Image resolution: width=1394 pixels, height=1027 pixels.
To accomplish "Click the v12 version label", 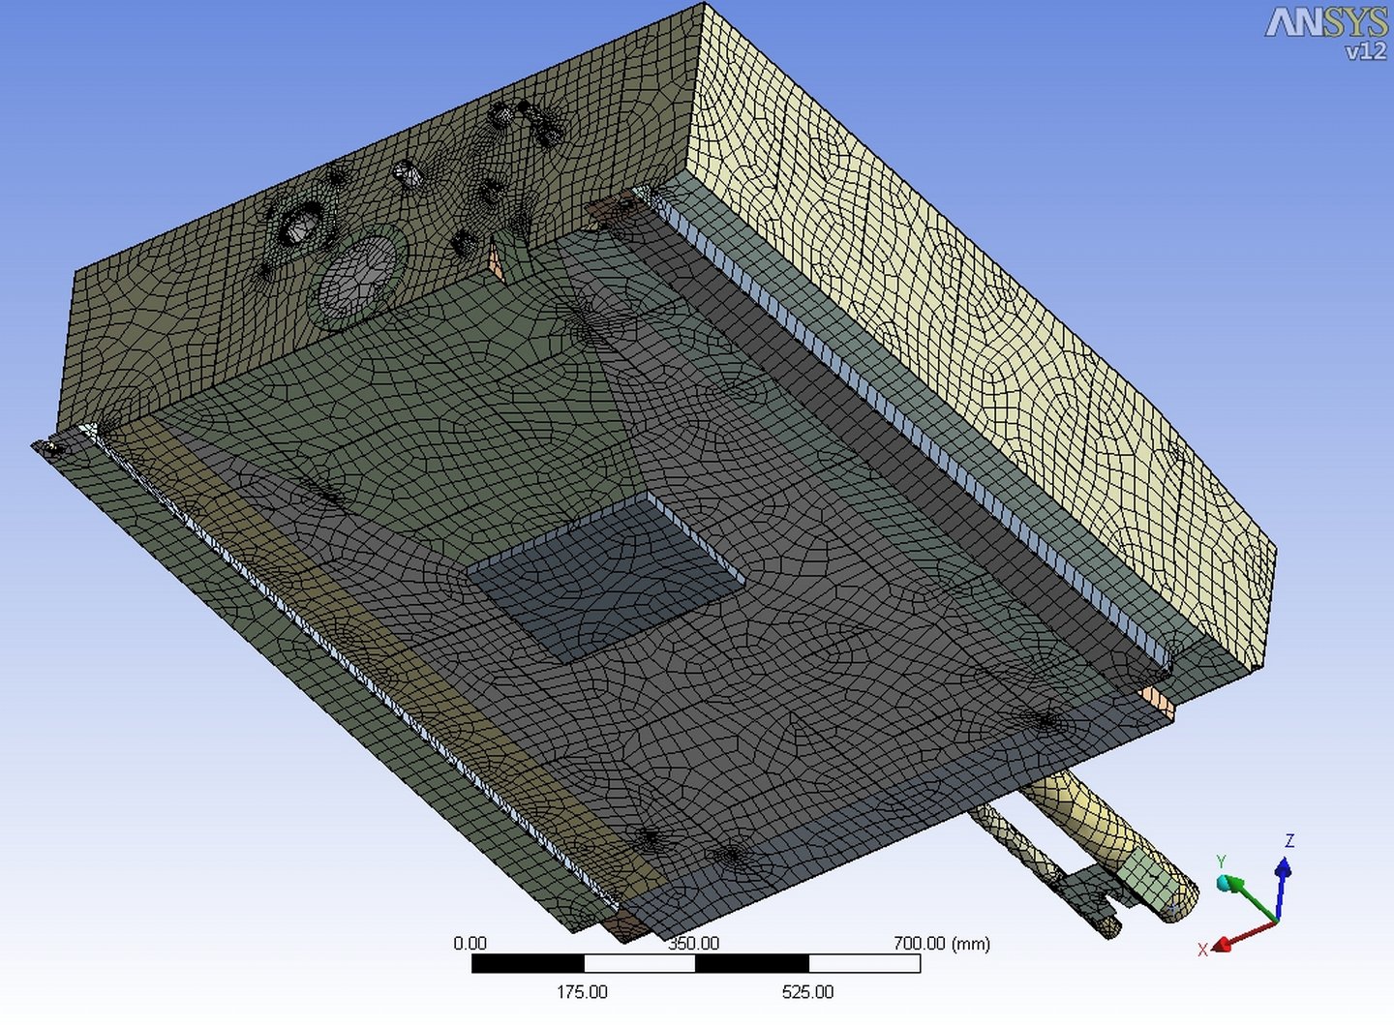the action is (1365, 51).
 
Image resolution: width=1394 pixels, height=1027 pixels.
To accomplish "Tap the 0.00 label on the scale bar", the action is (470, 944).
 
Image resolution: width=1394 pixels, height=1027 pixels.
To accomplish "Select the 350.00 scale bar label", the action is (693, 944).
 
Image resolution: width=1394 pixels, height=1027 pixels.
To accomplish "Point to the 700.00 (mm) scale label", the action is (942, 944).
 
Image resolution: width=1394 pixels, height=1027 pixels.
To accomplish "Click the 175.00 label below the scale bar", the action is (582, 991).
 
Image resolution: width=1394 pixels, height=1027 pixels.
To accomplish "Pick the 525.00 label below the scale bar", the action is (807, 991).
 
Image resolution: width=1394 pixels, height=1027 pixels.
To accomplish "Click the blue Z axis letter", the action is (1289, 841).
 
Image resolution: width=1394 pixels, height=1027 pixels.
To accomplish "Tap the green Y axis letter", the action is (1222, 862).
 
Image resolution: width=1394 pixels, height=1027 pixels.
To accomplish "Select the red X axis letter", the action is (1203, 950).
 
